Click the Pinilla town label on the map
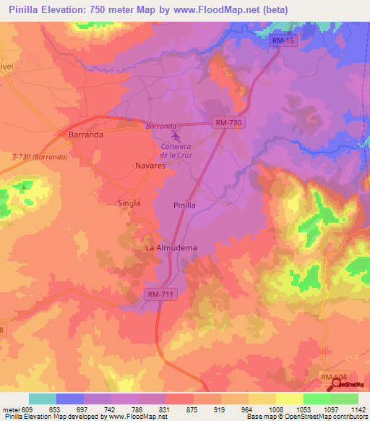184,205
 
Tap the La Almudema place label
171,247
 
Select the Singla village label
129,203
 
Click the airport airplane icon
174,135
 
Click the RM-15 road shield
284,42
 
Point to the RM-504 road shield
335,377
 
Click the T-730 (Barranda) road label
40,156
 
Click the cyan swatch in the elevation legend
43,399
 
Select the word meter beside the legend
10,409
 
